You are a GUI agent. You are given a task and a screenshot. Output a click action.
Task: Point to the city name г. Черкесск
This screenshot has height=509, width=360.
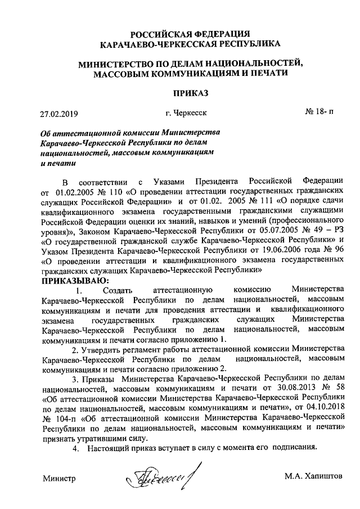(x=186, y=112)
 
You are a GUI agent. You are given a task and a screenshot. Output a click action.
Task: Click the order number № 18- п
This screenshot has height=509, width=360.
(x=319, y=112)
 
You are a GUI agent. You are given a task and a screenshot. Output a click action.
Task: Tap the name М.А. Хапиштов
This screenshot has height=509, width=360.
(x=313, y=478)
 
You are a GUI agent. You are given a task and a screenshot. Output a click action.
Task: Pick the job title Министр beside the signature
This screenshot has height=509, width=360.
(x=60, y=478)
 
